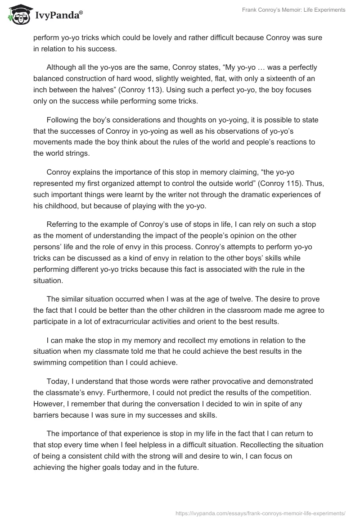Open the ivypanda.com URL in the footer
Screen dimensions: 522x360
pyautogui.click(x=260, y=513)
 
